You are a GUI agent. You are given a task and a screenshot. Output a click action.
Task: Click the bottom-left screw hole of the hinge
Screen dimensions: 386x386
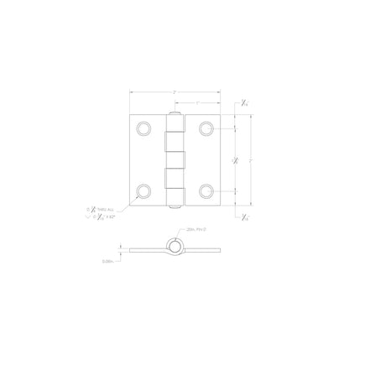pos(144,191)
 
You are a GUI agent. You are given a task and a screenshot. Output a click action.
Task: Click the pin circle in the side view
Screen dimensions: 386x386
pos(175,246)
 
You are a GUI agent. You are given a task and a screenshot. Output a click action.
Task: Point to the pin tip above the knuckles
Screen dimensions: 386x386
pos(175,112)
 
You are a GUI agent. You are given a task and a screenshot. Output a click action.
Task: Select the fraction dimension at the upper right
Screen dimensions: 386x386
pos(243,102)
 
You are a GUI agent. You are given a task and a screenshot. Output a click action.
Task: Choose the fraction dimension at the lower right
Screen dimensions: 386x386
pos(243,218)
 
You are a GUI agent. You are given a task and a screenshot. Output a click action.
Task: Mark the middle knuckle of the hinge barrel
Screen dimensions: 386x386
pos(175,159)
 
